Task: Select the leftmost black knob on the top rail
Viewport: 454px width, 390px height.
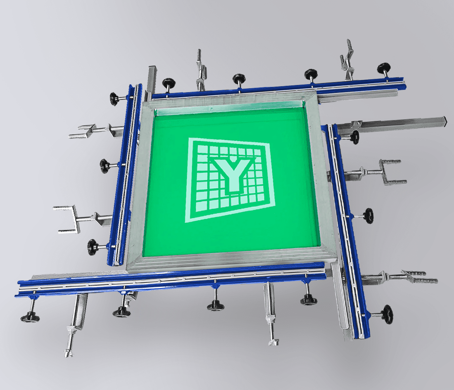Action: click(x=169, y=83)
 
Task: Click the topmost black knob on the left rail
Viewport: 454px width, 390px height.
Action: click(x=115, y=99)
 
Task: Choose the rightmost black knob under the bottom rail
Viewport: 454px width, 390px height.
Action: click(x=309, y=300)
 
